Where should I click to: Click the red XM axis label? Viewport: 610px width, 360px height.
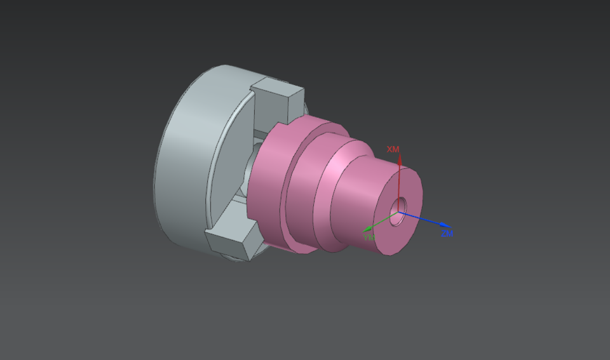click(393, 149)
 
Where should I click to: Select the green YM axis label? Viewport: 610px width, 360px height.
click(369, 237)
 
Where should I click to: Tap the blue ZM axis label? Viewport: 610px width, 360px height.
click(447, 234)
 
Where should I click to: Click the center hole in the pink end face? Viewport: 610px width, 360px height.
click(400, 206)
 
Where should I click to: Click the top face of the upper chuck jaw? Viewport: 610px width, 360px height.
click(278, 90)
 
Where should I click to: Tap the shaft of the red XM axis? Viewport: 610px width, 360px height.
click(398, 184)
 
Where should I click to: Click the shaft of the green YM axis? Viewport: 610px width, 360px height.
click(381, 222)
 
